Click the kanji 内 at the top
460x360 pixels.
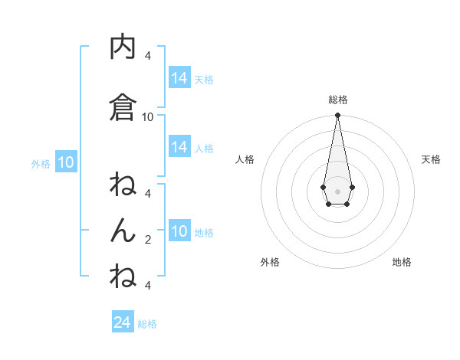click(123, 47)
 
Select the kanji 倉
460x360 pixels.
click(123, 106)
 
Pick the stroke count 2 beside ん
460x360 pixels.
click(148, 240)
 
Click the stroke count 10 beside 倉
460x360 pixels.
click(148, 116)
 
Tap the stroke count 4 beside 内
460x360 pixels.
click(148, 55)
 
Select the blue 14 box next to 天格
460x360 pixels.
click(179, 78)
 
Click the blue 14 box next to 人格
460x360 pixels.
click(179, 147)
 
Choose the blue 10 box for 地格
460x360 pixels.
click(179, 232)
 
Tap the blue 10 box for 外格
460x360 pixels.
click(65, 162)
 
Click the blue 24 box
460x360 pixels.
click(123, 322)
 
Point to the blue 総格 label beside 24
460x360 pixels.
click(147, 324)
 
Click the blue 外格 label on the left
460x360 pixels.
click(41, 163)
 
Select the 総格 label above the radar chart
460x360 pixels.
click(337, 100)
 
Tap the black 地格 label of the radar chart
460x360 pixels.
click(402, 262)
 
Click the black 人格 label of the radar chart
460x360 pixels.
click(245, 159)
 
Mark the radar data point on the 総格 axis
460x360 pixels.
click(337, 116)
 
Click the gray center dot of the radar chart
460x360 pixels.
click(337, 191)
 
